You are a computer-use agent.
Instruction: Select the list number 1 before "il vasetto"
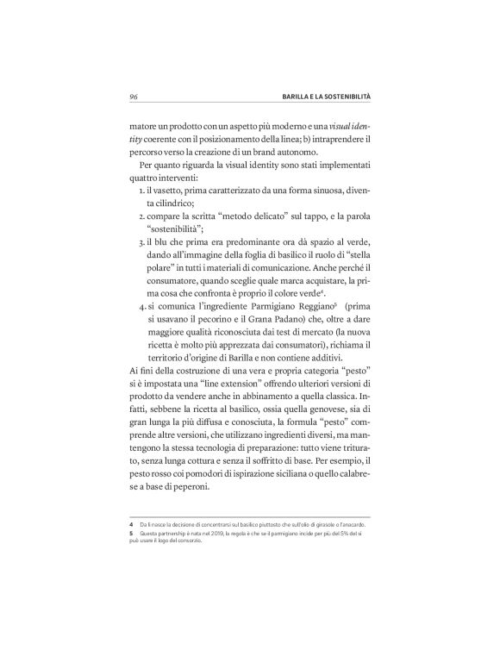[x=142, y=188]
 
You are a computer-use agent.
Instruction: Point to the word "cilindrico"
[x=169, y=202]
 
